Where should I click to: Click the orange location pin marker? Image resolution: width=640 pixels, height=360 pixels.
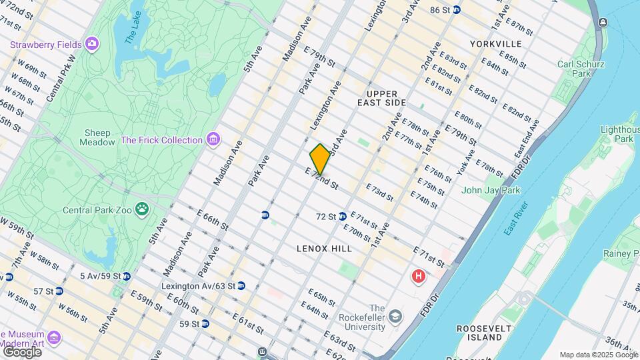pyautogui.click(x=320, y=159)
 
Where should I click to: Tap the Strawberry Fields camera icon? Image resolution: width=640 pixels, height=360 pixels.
pyautogui.click(x=92, y=45)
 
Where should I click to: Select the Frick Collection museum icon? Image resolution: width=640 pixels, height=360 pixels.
pyautogui.click(x=213, y=140)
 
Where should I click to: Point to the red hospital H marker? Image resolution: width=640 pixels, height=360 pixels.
pyautogui.click(x=419, y=275)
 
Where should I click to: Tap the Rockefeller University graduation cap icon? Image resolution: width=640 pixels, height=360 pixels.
pyautogui.click(x=396, y=316)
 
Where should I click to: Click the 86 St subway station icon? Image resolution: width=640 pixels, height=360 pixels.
pyautogui.click(x=457, y=9)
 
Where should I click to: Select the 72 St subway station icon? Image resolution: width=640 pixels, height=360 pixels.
pyautogui.click(x=342, y=216)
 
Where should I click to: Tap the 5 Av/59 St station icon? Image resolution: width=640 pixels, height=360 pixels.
pyautogui.click(x=127, y=275)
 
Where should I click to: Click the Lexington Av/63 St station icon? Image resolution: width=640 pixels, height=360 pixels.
pyautogui.click(x=241, y=285)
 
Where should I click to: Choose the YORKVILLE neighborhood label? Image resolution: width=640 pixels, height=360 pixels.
pyautogui.click(x=495, y=44)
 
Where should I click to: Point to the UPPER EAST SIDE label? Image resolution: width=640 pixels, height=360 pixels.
pyautogui.click(x=386, y=98)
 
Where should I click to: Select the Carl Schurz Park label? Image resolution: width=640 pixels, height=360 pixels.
pyautogui.click(x=581, y=69)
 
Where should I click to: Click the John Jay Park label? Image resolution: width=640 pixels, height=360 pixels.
pyautogui.click(x=491, y=190)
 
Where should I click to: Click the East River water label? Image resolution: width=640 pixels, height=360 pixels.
pyautogui.click(x=519, y=217)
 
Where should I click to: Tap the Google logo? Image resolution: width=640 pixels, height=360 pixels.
pyautogui.click(x=22, y=351)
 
